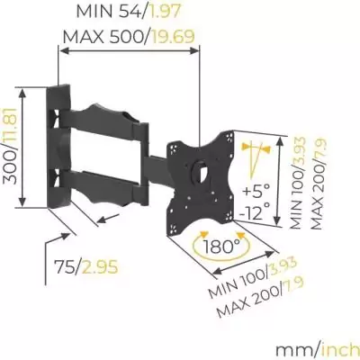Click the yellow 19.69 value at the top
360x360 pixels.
175,37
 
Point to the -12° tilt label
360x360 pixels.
257,213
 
